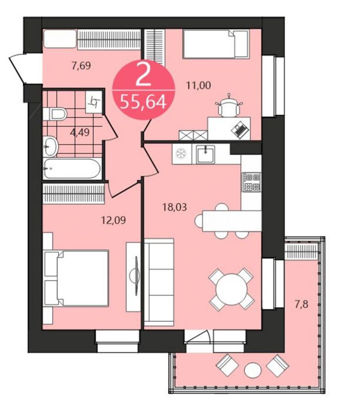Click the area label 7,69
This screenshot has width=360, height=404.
coord(81,66)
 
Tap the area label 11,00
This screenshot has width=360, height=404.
coord(199,85)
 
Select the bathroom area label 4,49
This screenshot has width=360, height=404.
coord(79,133)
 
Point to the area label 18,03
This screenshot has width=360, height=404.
coord(175,207)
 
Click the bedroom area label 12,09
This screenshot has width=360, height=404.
coord(113,220)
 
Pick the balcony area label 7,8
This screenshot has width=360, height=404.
coord(302,305)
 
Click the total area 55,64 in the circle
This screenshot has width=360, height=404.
coord(143,102)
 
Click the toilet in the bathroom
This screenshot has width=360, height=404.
coord(55,114)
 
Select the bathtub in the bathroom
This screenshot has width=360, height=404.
coord(72,168)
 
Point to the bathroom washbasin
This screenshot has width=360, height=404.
coord(51,147)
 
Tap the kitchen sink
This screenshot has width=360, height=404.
coord(205,155)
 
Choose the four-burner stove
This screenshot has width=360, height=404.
coord(252,182)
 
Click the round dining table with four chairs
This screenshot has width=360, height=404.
coord(232,289)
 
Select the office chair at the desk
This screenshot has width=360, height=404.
coord(229,106)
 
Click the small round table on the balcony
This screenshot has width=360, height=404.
coord(253,371)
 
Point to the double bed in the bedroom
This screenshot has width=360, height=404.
coord(76,278)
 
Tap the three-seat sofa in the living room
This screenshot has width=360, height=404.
coord(159,282)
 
